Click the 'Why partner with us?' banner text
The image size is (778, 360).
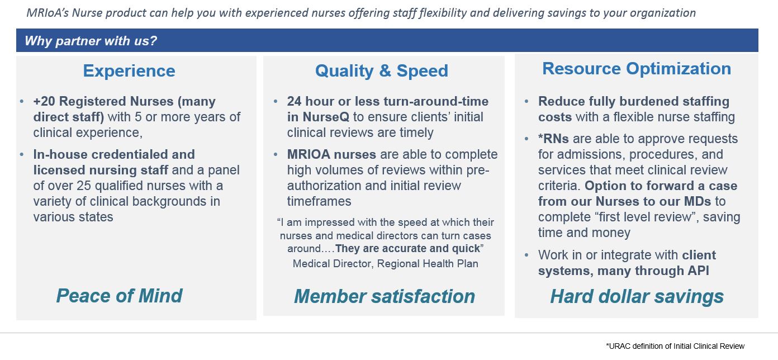pos(91,41)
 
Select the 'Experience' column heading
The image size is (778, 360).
pos(129,71)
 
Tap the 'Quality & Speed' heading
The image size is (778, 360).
pos(381,71)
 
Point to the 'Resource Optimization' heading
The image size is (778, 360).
pos(637,69)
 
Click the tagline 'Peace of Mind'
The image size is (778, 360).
pos(119,296)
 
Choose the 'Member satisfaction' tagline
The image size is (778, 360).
pos(384,296)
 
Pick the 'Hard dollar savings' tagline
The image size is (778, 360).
pos(637,296)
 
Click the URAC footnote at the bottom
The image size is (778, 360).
pos(675,346)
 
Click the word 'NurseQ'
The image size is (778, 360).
pos(326,117)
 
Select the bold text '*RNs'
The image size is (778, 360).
pos(553,139)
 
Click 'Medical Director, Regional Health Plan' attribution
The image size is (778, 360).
pos(385,263)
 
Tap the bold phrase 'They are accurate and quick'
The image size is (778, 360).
pos(407,248)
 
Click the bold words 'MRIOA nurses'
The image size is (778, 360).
pos(331,154)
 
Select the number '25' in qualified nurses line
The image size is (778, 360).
pos(84,186)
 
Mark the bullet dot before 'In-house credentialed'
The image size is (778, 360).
pos(22,154)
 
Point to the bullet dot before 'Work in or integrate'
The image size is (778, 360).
pos(527,255)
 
